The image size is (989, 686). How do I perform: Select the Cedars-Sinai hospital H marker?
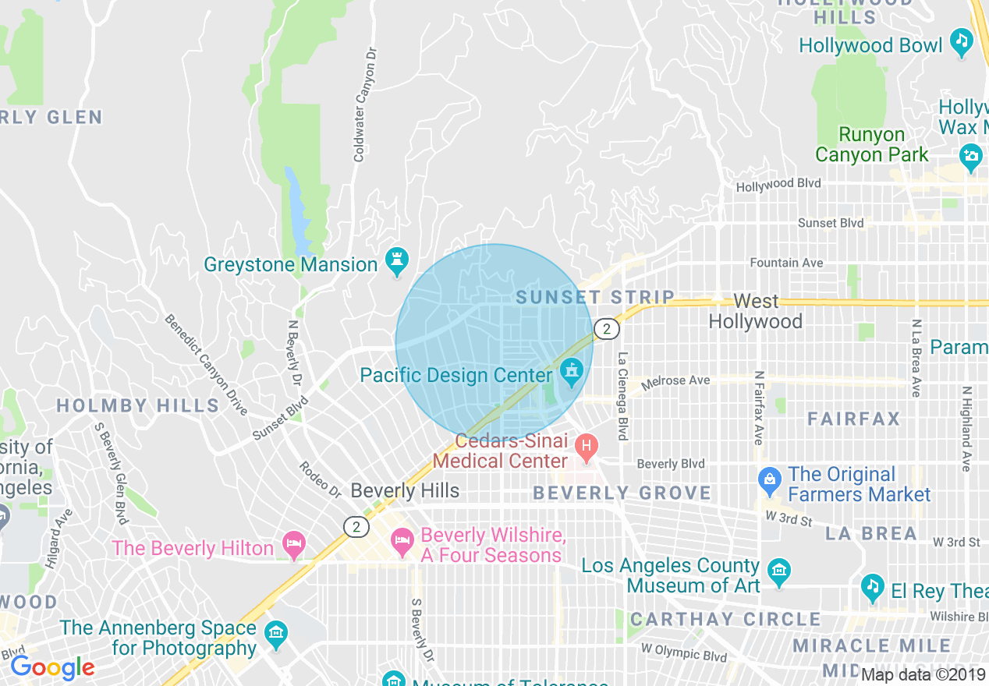tap(585, 447)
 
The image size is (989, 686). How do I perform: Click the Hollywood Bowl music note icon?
tap(962, 41)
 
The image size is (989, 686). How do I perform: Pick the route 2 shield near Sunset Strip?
tap(606, 329)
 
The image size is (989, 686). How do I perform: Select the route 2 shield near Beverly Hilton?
tap(356, 527)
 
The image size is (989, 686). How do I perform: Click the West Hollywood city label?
tap(756, 311)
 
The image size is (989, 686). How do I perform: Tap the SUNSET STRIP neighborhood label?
tap(595, 297)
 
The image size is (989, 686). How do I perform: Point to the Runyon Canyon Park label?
tap(872, 145)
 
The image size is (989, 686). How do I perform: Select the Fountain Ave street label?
tap(786, 263)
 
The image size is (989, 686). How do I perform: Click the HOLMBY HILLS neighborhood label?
tap(138, 405)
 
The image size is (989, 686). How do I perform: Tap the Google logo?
tap(52, 667)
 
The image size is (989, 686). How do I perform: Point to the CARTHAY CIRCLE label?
tap(725, 620)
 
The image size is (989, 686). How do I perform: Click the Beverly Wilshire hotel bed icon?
tap(402, 542)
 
